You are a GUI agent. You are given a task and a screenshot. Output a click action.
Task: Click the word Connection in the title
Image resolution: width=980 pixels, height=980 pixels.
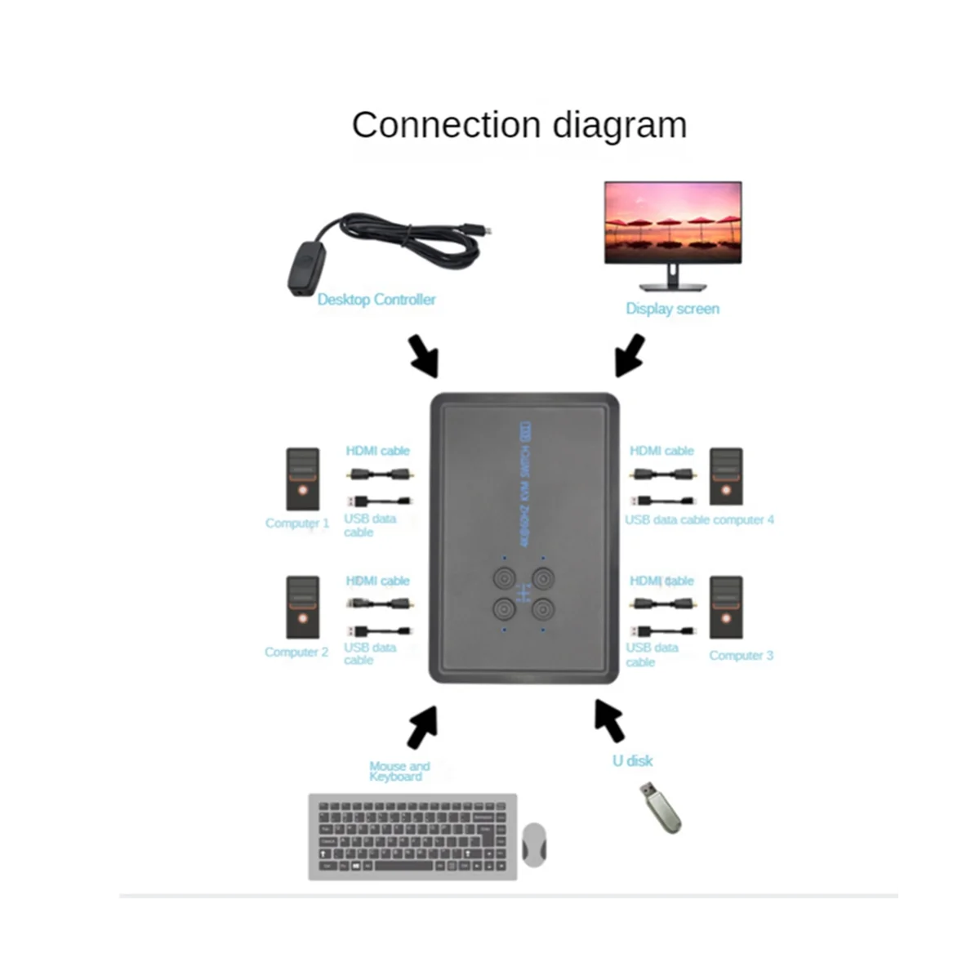[446, 126]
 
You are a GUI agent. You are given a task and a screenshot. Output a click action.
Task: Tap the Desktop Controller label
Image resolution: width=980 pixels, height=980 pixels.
[376, 300]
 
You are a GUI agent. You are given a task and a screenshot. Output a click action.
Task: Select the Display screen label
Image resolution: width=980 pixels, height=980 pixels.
[672, 309]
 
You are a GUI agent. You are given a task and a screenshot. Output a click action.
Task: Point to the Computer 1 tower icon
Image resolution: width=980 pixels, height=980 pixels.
[302, 479]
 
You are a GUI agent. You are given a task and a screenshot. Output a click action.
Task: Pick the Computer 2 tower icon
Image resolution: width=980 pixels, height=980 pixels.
[302, 608]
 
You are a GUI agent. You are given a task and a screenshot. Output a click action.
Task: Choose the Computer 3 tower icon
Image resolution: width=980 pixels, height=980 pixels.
[726, 608]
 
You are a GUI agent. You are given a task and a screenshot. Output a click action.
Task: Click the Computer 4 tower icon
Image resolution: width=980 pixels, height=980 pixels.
[726, 476]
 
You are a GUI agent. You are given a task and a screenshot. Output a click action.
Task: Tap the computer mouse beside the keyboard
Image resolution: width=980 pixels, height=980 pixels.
[534, 844]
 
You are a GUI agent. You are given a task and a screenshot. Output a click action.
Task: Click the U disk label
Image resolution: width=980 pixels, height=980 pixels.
[633, 761]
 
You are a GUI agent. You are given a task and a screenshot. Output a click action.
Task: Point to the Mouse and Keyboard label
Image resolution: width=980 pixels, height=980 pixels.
[399, 771]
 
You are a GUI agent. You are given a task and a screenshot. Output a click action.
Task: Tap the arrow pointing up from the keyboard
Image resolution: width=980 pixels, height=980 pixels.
[421, 726]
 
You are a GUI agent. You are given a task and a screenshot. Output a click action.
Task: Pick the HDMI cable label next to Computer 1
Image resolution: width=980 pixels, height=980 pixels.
[377, 451]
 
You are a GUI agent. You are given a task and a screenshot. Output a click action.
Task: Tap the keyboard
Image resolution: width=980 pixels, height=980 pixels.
[412, 837]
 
